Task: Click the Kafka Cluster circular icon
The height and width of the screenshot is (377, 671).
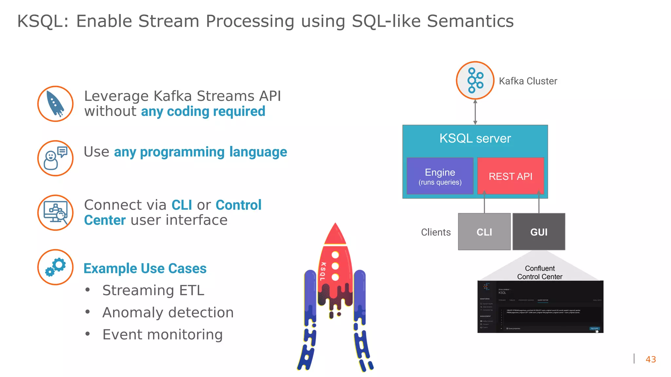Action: (475, 81)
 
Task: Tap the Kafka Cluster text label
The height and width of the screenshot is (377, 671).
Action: (528, 81)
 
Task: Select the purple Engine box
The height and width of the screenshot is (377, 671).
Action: (440, 176)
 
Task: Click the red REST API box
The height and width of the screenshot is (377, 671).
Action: (510, 176)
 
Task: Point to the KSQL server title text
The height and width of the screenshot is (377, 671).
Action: (475, 138)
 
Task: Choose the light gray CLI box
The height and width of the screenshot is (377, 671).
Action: (484, 232)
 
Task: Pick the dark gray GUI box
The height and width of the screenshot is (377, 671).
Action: (539, 232)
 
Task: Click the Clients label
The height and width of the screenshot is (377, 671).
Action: (436, 232)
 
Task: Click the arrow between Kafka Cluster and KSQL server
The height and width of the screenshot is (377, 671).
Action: (475, 112)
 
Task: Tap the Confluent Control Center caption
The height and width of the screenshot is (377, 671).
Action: (540, 273)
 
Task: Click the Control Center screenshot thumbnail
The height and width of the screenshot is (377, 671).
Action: (540, 307)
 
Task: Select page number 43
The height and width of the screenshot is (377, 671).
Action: (651, 359)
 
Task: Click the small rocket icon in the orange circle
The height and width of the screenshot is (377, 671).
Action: (55, 104)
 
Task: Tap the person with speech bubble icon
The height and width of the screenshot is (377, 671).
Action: (55, 158)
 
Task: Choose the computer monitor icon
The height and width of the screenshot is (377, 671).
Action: (55, 213)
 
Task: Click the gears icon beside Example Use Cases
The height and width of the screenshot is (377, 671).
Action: (55, 267)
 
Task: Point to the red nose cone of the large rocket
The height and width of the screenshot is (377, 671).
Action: (335, 234)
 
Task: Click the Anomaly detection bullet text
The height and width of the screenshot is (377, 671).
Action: (168, 313)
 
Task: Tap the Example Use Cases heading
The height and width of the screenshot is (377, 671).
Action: (145, 268)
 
